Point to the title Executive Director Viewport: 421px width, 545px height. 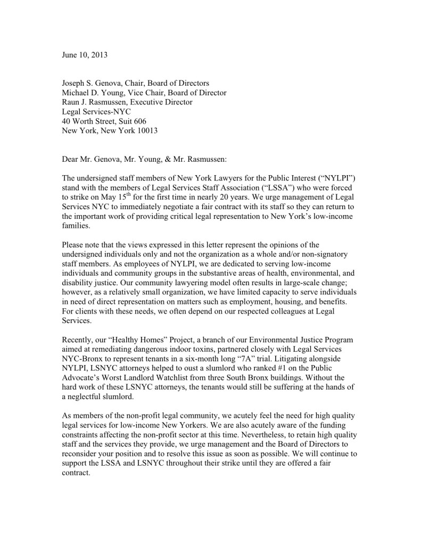(x=161, y=102)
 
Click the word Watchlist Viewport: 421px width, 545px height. (x=168, y=377)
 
